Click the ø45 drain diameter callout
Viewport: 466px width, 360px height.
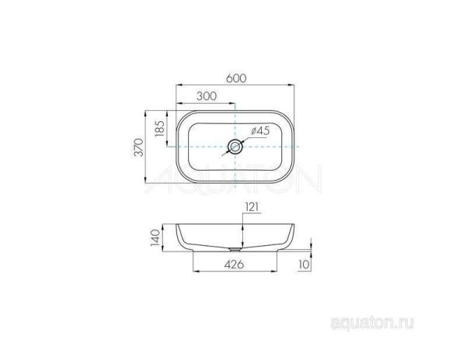click(259, 131)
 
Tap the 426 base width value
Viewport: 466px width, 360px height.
click(234, 265)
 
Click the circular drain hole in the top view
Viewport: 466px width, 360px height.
click(235, 147)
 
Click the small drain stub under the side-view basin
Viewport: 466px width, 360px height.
click(235, 251)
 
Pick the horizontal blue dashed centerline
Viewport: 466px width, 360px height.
click(194, 147)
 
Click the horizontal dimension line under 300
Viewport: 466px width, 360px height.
click(205, 103)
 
